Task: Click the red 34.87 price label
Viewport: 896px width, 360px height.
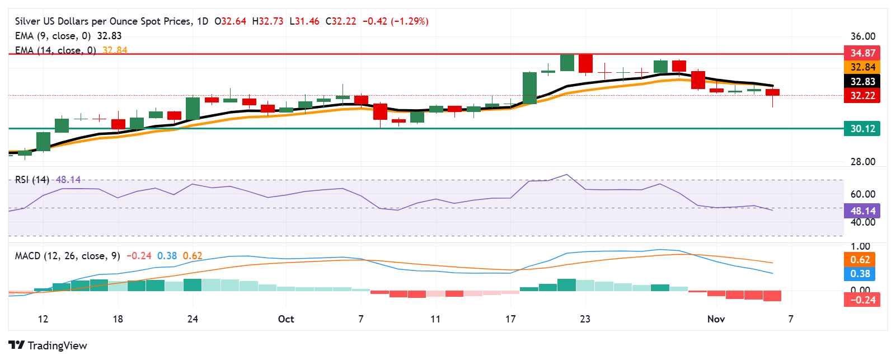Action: pos(862,53)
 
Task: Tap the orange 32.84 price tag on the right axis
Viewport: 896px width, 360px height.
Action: pos(862,67)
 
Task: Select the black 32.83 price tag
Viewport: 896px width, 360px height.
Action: pos(862,82)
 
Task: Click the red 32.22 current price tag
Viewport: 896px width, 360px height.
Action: pos(862,96)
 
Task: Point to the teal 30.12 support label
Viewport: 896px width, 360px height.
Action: pos(862,129)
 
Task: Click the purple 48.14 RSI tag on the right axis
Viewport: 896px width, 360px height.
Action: pos(862,211)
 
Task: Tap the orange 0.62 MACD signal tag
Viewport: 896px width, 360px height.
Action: pos(860,260)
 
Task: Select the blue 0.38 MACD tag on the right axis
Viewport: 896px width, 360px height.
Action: pos(860,274)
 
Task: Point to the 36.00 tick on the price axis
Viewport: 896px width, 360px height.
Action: pos(862,36)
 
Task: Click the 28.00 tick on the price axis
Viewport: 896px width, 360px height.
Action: pos(862,162)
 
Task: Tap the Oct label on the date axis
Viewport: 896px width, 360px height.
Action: pos(286,319)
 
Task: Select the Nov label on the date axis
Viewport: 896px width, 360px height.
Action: pos(716,319)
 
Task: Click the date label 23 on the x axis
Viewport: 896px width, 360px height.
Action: pos(585,319)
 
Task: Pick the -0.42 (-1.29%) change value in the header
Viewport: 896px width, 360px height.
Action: pos(396,21)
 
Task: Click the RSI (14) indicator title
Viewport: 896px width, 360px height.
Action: pos(32,180)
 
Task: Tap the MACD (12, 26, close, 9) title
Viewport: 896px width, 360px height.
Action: pos(67,256)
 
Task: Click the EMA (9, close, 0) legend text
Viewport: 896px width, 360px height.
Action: pos(53,36)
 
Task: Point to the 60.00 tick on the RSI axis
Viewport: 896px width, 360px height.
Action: pos(862,194)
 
